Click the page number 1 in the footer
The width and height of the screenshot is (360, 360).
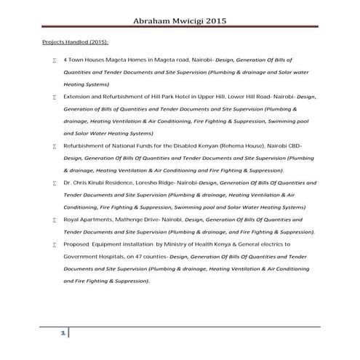pos(63,333)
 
